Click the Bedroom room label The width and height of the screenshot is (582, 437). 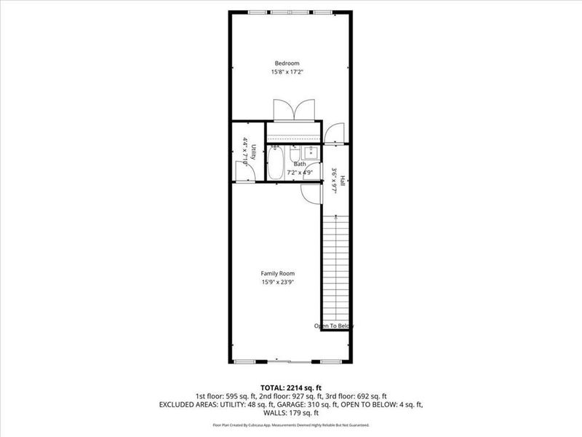[287, 63]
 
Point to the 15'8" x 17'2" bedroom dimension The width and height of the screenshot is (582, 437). [287, 72]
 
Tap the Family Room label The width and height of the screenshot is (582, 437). [277, 273]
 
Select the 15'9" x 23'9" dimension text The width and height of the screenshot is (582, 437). [277, 282]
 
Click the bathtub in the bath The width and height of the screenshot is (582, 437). [276, 163]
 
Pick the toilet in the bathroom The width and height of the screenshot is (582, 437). [294, 154]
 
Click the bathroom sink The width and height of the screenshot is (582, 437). [308, 151]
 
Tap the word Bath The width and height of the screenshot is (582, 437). [299, 165]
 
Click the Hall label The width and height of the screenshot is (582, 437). [341, 178]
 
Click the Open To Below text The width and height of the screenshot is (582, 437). [334, 326]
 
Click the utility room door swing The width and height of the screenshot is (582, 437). [243, 170]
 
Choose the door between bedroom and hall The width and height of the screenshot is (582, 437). [335, 133]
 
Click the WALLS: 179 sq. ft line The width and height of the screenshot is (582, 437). [290, 412]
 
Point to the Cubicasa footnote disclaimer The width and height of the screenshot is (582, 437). [290, 424]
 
